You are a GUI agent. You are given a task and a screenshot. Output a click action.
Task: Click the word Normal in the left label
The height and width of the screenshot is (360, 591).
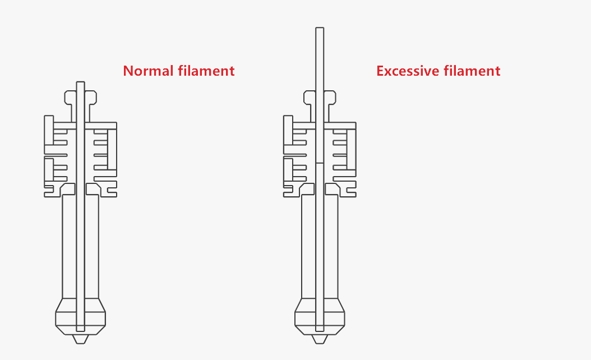[x=148, y=71]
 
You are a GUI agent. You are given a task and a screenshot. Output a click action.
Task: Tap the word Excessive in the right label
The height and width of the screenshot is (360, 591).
[x=408, y=71]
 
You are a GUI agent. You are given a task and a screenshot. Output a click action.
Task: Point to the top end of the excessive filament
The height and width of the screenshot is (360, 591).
[x=320, y=27]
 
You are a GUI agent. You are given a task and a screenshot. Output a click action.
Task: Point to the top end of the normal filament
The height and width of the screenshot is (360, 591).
[x=80, y=82]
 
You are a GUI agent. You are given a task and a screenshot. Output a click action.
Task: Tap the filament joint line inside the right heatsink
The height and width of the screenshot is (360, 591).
[x=320, y=163]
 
